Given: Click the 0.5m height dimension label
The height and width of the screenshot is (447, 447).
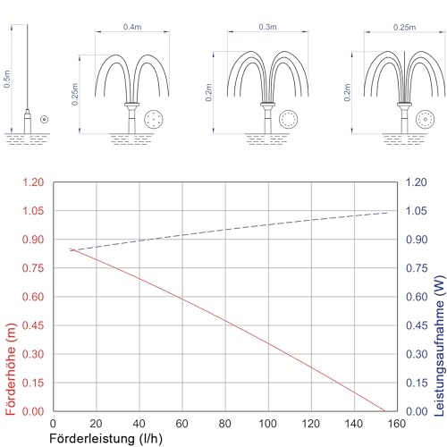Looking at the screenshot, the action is (x=7, y=79).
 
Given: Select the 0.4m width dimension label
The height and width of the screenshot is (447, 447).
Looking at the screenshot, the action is (x=132, y=27).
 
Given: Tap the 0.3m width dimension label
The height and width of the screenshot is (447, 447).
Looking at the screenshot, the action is (x=267, y=27).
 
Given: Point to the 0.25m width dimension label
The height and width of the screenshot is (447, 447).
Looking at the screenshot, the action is (x=404, y=27).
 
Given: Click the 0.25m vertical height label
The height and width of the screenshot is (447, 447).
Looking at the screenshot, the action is (x=75, y=94).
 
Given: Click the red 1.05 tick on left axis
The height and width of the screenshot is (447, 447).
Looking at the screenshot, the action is (x=33, y=211).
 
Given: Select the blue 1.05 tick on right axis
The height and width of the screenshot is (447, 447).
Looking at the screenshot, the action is (x=417, y=211).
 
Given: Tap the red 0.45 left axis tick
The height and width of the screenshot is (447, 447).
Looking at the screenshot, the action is (x=33, y=325).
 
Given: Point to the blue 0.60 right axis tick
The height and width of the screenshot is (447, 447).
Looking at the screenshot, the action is (x=417, y=297).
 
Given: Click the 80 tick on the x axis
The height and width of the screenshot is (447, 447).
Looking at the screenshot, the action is (x=224, y=424).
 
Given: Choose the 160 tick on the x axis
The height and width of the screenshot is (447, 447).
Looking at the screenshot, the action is (x=397, y=424).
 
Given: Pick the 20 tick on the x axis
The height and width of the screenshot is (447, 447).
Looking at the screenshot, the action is (x=96, y=424).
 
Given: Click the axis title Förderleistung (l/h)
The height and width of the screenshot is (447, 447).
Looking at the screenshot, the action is (x=106, y=439).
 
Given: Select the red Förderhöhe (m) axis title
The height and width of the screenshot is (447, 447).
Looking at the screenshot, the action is (x=11, y=369).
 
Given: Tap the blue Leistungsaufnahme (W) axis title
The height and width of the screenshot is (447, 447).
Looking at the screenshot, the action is (x=440, y=346).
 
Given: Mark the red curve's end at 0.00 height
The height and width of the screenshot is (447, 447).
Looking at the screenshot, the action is (x=385, y=411).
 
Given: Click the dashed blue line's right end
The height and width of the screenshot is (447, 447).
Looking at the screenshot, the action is (x=388, y=213).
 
